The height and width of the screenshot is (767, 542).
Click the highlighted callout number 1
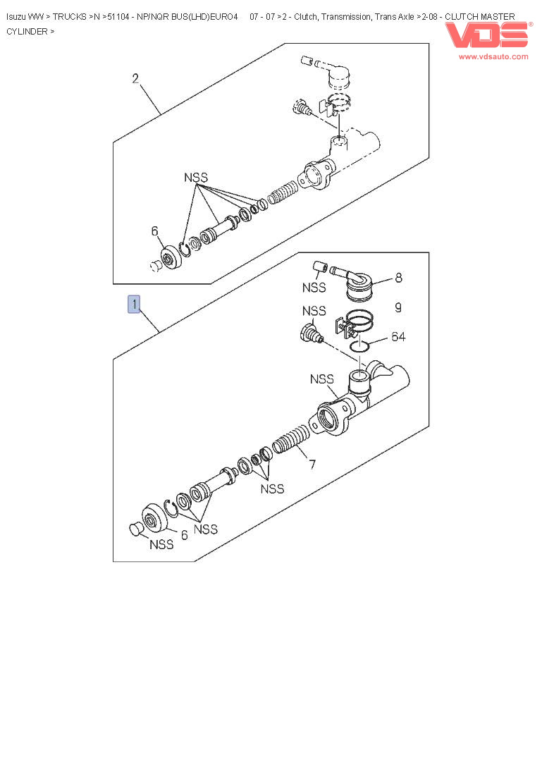[134, 304]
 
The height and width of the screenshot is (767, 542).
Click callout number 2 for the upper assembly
[135, 78]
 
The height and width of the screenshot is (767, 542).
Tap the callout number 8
[399, 278]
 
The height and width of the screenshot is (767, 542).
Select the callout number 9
[398, 307]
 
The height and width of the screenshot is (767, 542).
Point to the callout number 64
[398, 336]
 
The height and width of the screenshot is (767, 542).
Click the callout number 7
[312, 464]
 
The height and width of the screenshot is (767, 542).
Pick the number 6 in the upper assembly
[154, 231]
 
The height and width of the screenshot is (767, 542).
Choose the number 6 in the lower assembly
[185, 535]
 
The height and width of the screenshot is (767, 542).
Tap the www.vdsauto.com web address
[493, 56]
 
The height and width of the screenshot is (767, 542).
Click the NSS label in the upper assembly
[196, 178]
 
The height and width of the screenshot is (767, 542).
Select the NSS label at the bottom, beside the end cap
[161, 544]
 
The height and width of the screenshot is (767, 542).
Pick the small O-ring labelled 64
[360, 346]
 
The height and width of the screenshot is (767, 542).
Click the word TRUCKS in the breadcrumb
[70, 17]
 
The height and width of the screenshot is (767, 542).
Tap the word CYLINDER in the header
[27, 31]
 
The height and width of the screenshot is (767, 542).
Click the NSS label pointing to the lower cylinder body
[322, 379]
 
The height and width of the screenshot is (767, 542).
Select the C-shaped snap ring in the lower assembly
[171, 509]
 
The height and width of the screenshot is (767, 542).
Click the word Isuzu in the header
[16, 17]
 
